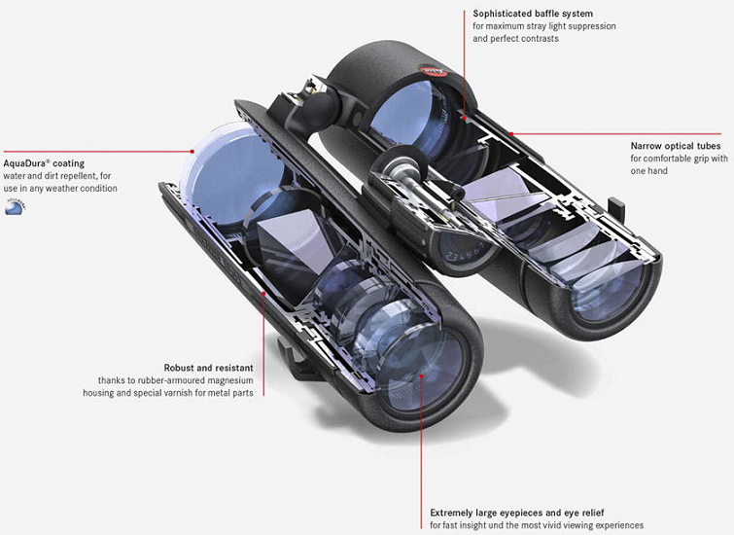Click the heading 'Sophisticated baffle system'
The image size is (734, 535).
533,14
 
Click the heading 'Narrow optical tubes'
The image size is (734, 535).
676,146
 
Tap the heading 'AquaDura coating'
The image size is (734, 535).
44,163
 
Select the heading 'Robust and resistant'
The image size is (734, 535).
208,368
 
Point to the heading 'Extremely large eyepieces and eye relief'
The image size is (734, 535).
517,513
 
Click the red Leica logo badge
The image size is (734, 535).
434,72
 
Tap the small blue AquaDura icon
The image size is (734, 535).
15,206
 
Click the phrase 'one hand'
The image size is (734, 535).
648,171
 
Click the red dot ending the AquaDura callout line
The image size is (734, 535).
192,152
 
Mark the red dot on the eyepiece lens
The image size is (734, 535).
421,375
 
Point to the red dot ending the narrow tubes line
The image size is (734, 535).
511,134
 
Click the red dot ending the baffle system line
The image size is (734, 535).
464,118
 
